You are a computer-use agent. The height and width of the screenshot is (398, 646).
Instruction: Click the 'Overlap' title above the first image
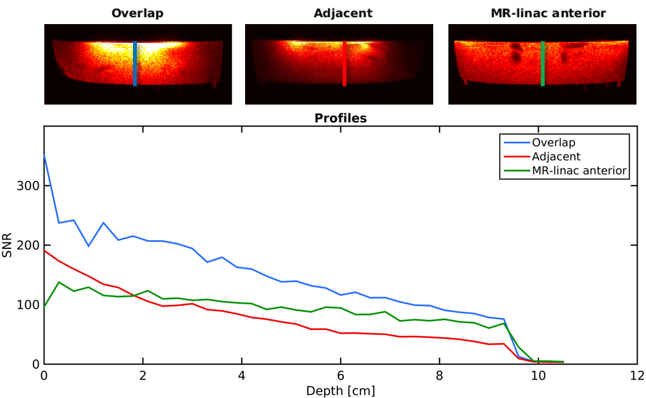137,13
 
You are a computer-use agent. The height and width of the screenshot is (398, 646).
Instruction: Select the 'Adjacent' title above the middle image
343,13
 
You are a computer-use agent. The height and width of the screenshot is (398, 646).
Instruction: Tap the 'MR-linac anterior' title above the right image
548,13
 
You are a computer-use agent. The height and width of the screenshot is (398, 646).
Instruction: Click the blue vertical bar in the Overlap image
135,63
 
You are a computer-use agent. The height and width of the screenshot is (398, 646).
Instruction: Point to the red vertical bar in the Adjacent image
345,63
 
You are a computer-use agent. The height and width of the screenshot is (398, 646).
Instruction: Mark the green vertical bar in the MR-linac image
543,63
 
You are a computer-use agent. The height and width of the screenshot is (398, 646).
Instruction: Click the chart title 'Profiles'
341,119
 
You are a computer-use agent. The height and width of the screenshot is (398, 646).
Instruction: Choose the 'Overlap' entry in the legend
553,142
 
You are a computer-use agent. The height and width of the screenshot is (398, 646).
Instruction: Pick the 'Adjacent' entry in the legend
556,156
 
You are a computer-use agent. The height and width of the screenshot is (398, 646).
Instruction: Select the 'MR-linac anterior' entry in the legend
579,170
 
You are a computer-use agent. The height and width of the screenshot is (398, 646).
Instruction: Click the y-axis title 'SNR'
8,245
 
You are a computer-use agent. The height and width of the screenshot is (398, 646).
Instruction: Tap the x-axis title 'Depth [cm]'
341,390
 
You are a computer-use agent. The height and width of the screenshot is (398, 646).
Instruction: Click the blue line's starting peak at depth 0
44,155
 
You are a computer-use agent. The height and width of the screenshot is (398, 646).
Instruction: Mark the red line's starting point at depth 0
44,251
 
